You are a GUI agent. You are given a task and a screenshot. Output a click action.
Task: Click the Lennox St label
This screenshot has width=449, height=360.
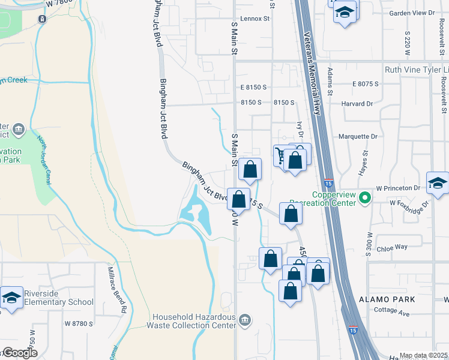point(255,19)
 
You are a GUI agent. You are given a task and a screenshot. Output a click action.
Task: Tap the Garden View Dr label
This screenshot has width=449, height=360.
point(411,13)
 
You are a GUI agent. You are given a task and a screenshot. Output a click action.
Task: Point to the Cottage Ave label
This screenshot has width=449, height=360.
point(391,313)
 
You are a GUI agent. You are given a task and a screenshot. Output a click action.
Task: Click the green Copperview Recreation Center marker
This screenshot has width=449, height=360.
point(364,197)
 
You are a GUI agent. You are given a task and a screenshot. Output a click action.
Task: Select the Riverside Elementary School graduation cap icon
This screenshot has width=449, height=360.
point(11,298)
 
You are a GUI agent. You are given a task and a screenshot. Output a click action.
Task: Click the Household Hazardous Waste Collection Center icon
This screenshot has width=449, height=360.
point(244,320)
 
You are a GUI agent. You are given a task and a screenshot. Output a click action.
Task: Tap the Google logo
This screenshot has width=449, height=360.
point(19,353)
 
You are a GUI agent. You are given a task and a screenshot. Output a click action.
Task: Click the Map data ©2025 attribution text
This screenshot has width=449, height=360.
point(423,356)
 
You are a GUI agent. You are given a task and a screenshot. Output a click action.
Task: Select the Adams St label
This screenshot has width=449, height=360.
point(330,82)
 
